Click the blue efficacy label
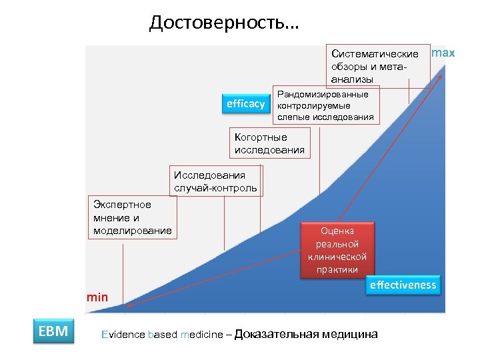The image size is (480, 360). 245,104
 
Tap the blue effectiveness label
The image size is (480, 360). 403,285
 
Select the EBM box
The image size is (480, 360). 53,331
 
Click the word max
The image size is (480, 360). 443,53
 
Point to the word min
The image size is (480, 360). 97,297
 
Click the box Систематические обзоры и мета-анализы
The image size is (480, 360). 375,66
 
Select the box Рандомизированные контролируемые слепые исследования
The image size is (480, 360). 326,105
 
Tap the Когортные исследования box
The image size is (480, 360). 270,143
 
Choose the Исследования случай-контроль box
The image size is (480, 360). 215,181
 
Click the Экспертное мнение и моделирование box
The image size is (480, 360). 133,217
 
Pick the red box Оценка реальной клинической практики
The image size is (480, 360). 337,250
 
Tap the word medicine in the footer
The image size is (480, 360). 200,335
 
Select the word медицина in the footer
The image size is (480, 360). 349,334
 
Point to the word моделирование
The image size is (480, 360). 133,231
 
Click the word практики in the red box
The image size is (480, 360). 337,269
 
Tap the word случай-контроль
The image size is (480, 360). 215,188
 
